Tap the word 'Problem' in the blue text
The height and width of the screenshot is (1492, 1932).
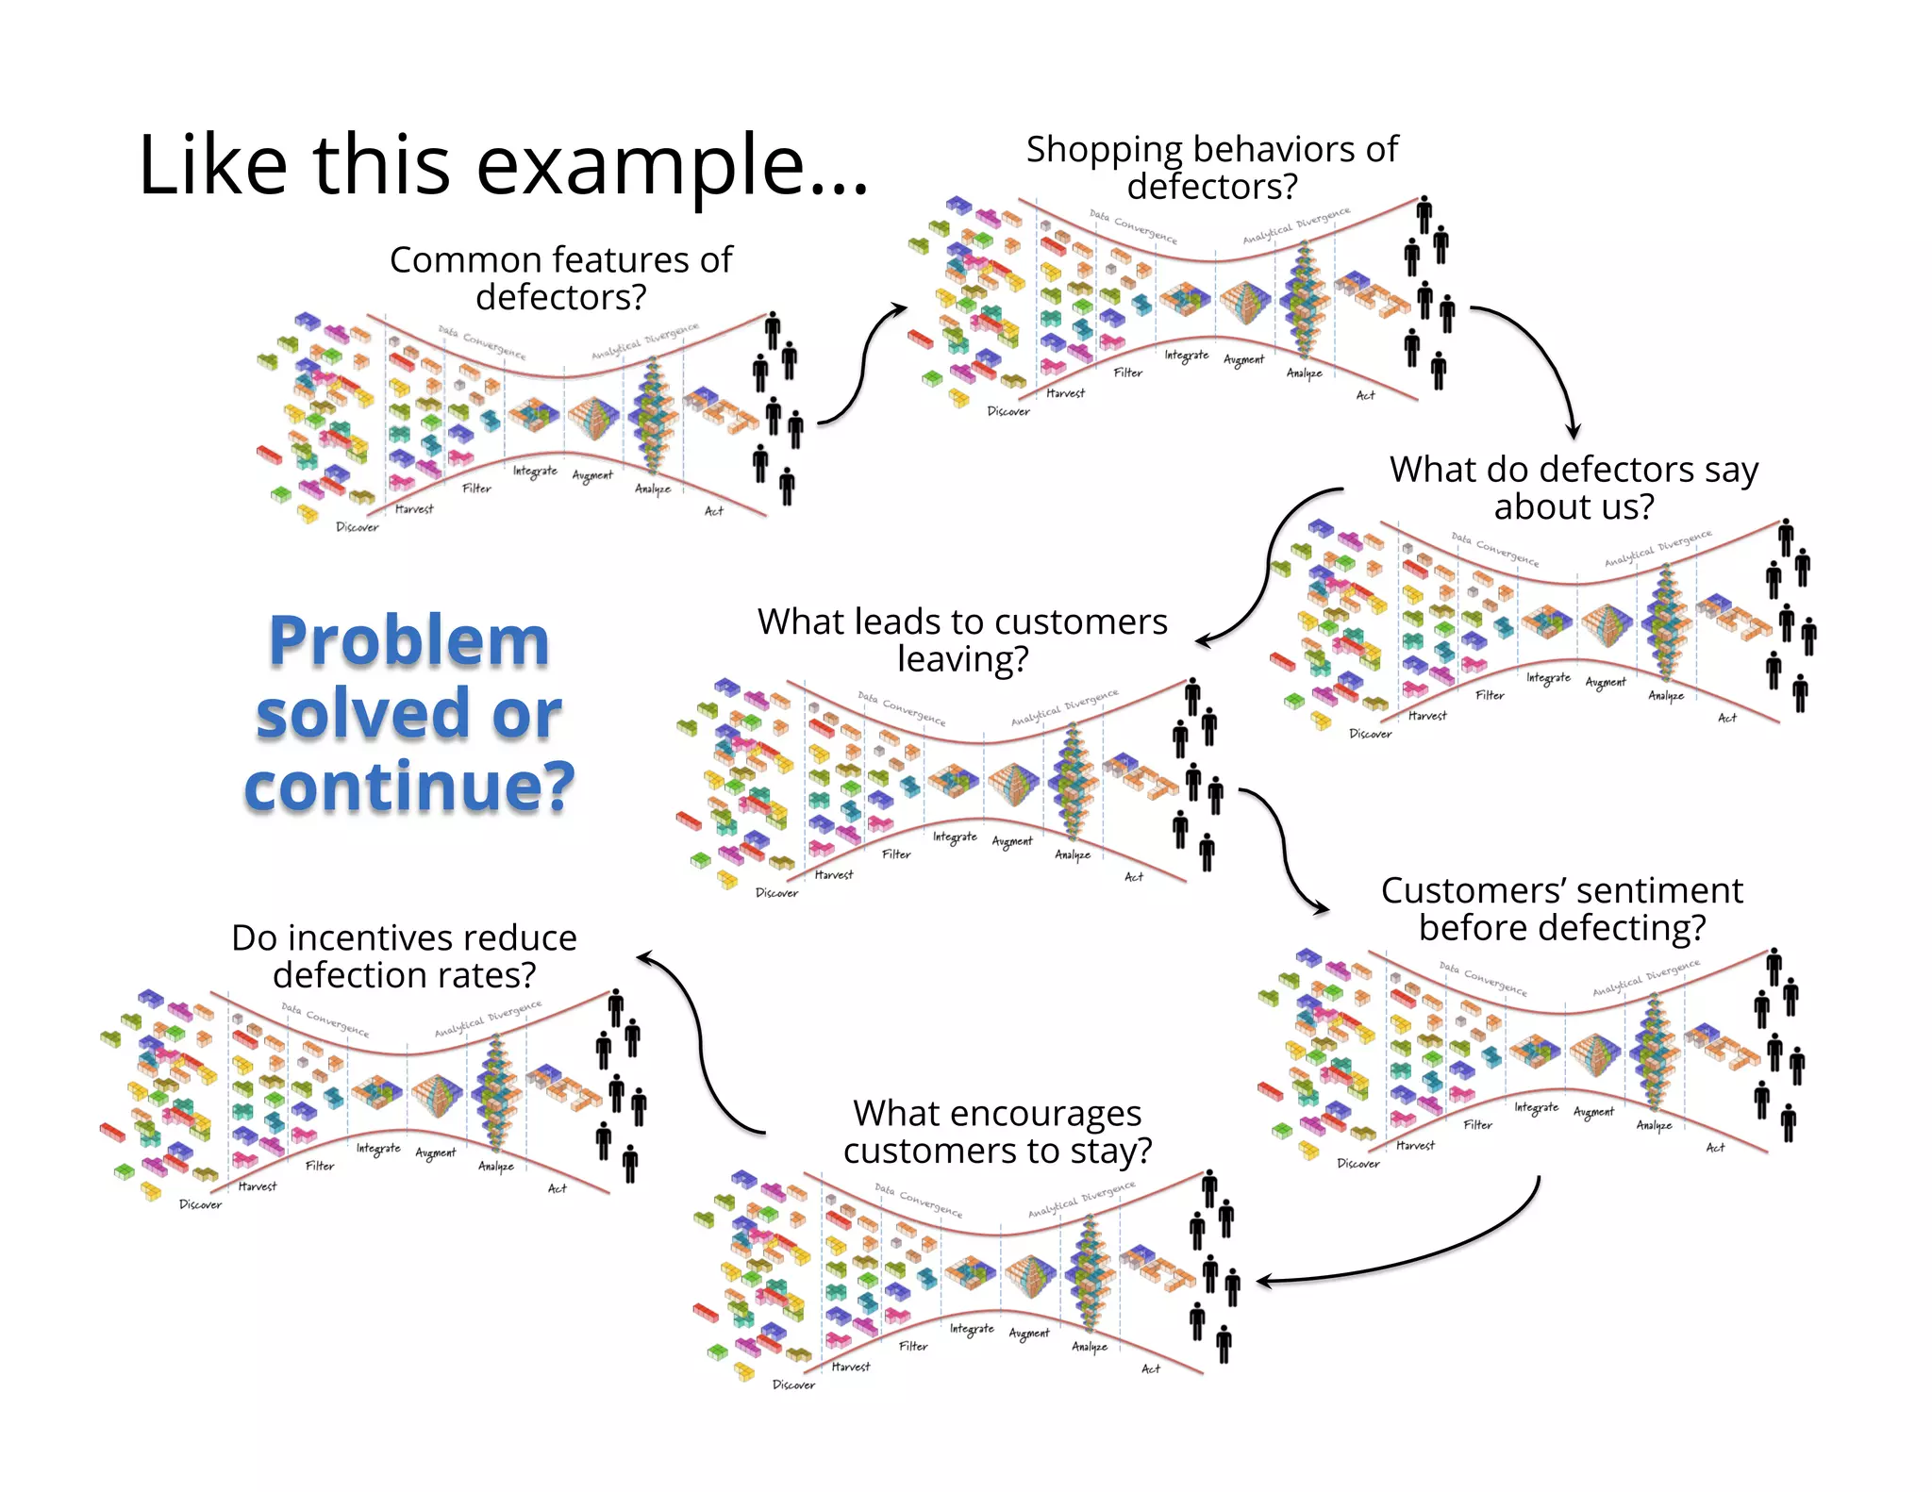click(408, 641)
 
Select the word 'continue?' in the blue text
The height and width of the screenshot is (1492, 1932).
click(408, 786)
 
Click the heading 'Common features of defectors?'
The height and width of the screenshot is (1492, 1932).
click(560, 278)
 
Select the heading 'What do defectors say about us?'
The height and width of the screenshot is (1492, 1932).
click(1574, 488)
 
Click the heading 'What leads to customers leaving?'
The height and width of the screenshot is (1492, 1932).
click(962, 640)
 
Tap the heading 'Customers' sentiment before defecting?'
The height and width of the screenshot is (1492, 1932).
click(1561, 909)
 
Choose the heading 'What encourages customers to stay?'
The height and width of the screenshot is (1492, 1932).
click(997, 1132)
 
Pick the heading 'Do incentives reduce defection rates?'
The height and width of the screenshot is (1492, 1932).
click(404, 956)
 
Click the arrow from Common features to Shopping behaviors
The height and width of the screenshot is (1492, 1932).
click(862, 363)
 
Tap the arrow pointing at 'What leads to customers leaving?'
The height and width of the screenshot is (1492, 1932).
click(1264, 566)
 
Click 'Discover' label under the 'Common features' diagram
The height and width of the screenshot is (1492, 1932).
click(357, 527)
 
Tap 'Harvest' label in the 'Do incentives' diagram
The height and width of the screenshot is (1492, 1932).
click(257, 1186)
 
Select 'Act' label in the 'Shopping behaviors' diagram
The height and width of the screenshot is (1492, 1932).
click(1365, 395)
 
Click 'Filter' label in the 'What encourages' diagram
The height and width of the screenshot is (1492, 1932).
click(912, 1346)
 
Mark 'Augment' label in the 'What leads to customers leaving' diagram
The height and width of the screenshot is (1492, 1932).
click(1011, 840)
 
